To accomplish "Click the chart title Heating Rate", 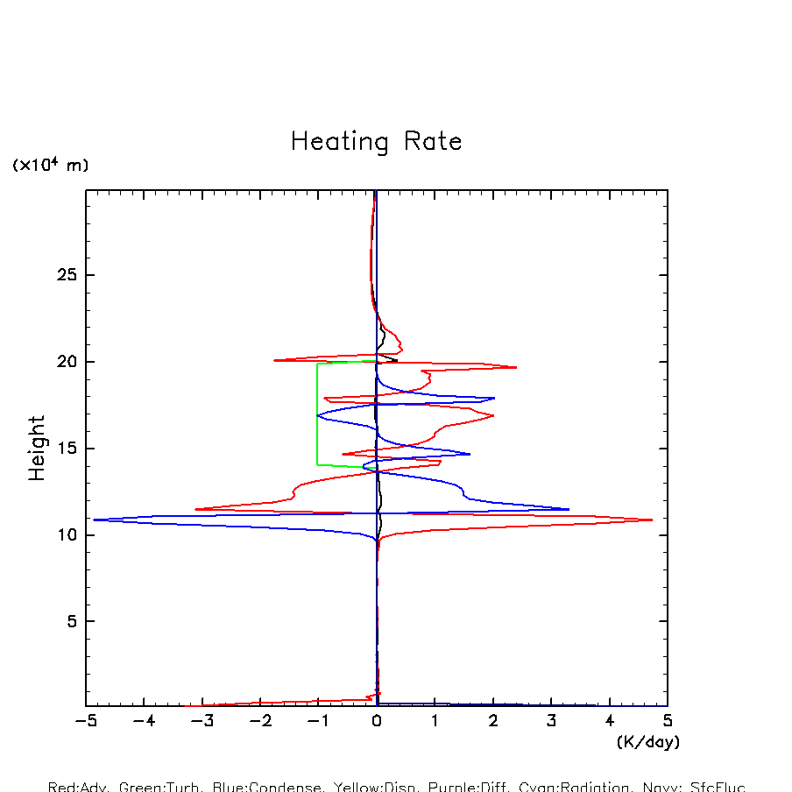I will click(x=376, y=141).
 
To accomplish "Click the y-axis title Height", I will click(x=37, y=448).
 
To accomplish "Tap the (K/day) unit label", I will click(x=647, y=742).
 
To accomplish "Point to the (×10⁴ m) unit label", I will click(x=50, y=164).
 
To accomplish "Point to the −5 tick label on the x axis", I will click(x=84, y=721).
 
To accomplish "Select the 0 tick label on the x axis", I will click(x=377, y=721).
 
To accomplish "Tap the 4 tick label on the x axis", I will click(x=610, y=721).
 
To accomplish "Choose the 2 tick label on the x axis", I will click(x=493, y=721).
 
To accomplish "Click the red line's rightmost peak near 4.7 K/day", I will click(x=652, y=520).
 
